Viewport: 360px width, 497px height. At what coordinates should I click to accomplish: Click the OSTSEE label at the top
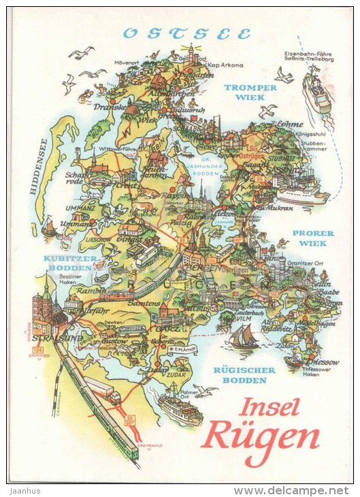(187, 33)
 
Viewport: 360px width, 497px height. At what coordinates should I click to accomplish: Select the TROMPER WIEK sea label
(250, 93)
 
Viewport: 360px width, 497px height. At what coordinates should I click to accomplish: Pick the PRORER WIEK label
(313, 238)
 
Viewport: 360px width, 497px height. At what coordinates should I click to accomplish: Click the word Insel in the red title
(269, 407)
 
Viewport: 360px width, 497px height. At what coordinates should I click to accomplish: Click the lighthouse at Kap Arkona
(193, 52)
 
